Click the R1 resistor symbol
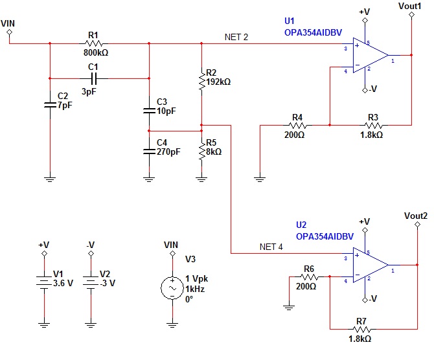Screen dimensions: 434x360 [x=94, y=43]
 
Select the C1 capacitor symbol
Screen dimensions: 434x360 [x=94, y=78]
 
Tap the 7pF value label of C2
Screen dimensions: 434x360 [x=65, y=106]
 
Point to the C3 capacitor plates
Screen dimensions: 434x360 [x=149, y=111]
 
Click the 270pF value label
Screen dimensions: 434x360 [x=168, y=152]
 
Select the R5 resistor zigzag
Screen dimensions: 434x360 [x=201, y=151]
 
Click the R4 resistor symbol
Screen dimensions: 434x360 [x=298, y=126]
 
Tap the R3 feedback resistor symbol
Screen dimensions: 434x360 [x=374, y=126]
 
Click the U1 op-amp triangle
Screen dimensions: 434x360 [x=371, y=55]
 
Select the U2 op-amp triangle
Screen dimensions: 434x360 [x=371, y=265]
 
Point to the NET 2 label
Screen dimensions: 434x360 [x=236, y=37]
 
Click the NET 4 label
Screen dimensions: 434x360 [x=271, y=247]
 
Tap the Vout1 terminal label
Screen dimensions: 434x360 [x=409, y=6]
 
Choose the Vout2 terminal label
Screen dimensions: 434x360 [x=416, y=216]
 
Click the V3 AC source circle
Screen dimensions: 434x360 [x=172, y=288]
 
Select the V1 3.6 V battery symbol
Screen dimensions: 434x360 [x=44, y=282]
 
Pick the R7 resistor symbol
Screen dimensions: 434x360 [x=362, y=330]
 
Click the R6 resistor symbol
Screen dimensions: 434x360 [x=310, y=276]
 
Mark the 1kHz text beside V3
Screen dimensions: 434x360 [x=195, y=289]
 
